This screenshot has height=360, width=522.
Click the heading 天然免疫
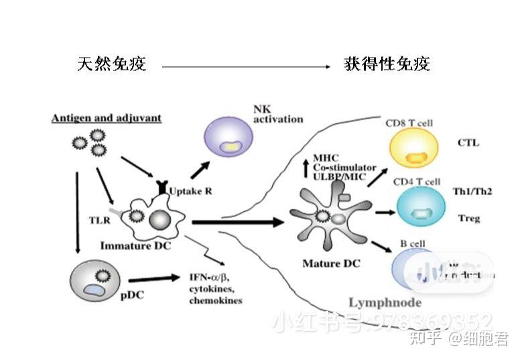tap(111, 64)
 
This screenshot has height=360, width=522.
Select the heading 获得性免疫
tap(387, 64)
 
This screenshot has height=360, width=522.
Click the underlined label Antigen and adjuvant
tap(107, 118)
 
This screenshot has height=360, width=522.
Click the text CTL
tap(468, 143)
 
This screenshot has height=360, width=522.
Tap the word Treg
tap(468, 218)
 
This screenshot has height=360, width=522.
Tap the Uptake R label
tap(191, 191)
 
